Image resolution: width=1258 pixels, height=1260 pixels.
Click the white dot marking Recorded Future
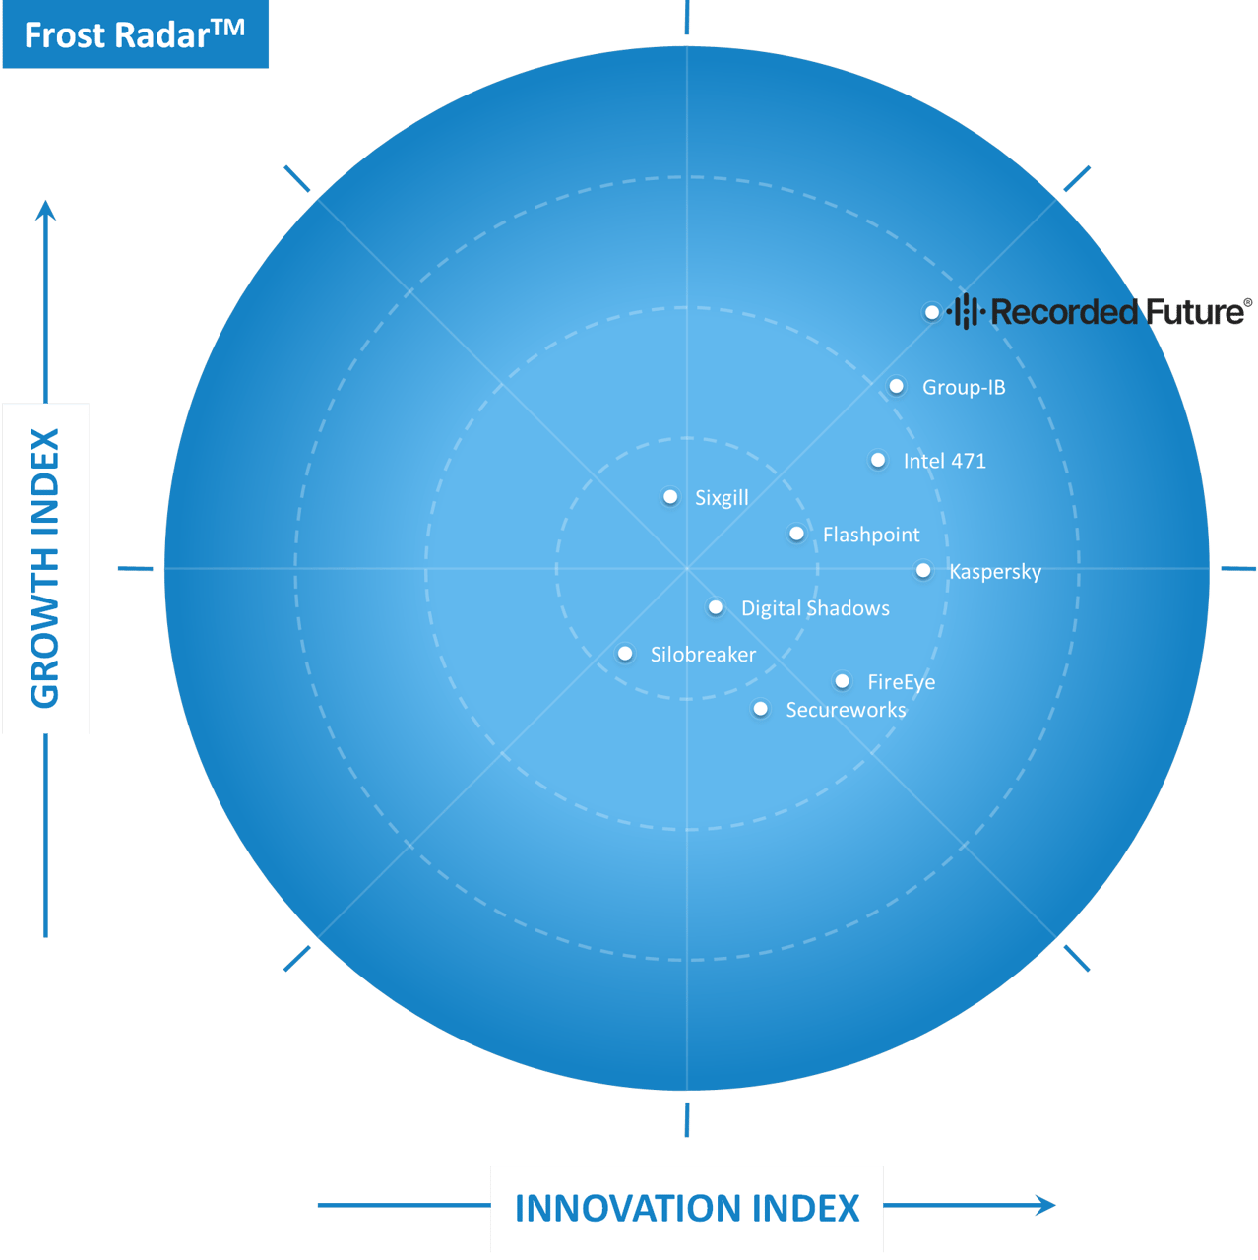pos(932,313)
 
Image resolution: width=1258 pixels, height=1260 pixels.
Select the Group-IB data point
pos(897,387)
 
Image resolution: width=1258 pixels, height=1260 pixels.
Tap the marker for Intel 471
pos(878,461)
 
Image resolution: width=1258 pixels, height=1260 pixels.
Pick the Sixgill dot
pos(670,497)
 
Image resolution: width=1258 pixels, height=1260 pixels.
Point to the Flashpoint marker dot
pos(796,534)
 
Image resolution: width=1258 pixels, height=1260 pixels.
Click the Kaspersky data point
pos(923,571)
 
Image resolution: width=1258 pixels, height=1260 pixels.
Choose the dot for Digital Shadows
pos(716,607)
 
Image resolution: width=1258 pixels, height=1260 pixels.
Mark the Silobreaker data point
pos(625,654)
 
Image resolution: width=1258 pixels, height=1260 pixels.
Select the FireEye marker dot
pos(843,681)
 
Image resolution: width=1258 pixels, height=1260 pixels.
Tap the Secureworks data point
pos(761,709)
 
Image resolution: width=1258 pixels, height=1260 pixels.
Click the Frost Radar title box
pos(135,34)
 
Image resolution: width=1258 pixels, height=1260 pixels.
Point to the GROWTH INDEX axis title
pos(45,568)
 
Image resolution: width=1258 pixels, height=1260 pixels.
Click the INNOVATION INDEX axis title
pos(687,1208)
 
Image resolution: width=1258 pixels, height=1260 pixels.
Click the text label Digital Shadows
pos(815,608)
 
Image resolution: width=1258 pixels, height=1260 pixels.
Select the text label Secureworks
pos(847,710)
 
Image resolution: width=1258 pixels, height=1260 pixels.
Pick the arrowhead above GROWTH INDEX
pos(45,211)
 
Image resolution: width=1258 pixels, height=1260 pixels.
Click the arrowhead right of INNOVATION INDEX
pos(1045,1205)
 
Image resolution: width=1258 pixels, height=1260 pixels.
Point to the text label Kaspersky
pos(995,572)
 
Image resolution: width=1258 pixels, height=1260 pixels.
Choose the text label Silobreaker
pos(703,655)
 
